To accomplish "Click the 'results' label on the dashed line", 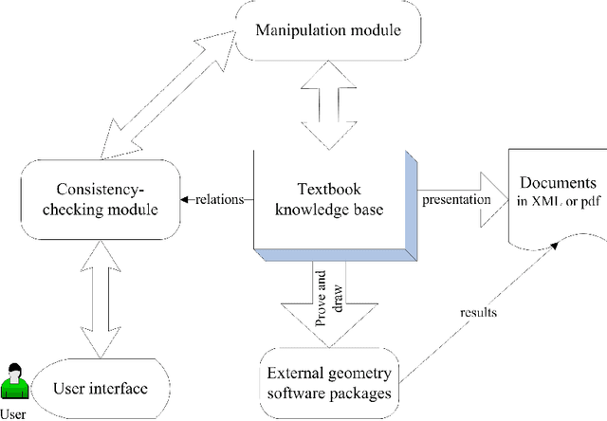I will pyautogui.click(x=479, y=309).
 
